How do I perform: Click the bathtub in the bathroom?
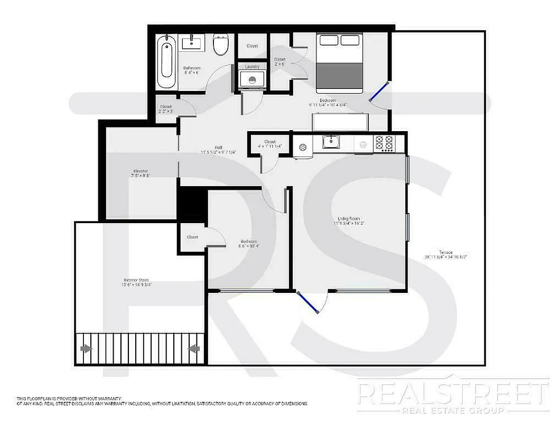click(x=167, y=62)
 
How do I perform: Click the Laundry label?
click(x=252, y=67)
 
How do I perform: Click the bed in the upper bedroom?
click(x=339, y=62)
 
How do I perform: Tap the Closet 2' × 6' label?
click(x=279, y=62)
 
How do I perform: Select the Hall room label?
click(x=218, y=150)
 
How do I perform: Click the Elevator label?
click(x=141, y=173)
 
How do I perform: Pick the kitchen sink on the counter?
click(x=331, y=142)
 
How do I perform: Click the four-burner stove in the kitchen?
click(x=384, y=143)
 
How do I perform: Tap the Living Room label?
click(x=349, y=220)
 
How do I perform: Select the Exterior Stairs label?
click(x=136, y=282)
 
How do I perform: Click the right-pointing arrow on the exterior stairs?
click(x=85, y=348)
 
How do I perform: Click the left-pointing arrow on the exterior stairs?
click(x=194, y=348)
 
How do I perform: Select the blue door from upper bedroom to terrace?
click(x=379, y=91)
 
